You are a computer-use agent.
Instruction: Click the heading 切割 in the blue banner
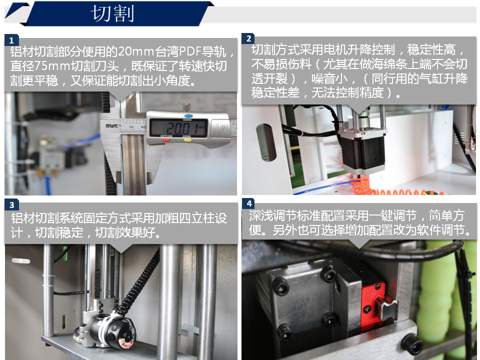pyautogui.click(x=112, y=14)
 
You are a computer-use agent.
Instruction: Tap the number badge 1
pyautogui.click(x=11, y=40)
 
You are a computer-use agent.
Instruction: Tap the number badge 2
pyautogui.click(x=248, y=38)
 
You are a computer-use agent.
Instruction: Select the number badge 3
pyautogui.click(x=11, y=205)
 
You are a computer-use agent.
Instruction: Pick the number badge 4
pyautogui.click(x=248, y=203)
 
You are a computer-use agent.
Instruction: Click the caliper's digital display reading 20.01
pyautogui.click(x=178, y=127)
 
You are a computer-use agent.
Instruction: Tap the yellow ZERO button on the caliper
pyautogui.click(x=187, y=140)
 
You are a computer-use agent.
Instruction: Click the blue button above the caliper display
pyautogui.click(x=188, y=116)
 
